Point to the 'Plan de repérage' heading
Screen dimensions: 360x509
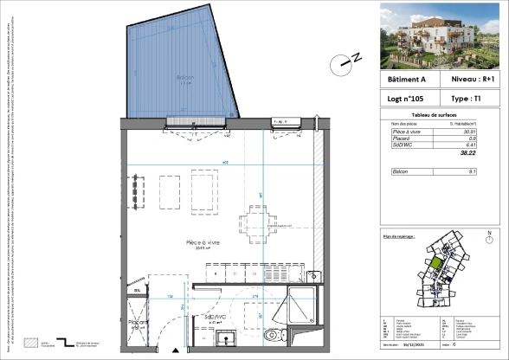(x=399, y=235)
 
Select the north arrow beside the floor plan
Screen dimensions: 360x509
(x=348, y=61)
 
